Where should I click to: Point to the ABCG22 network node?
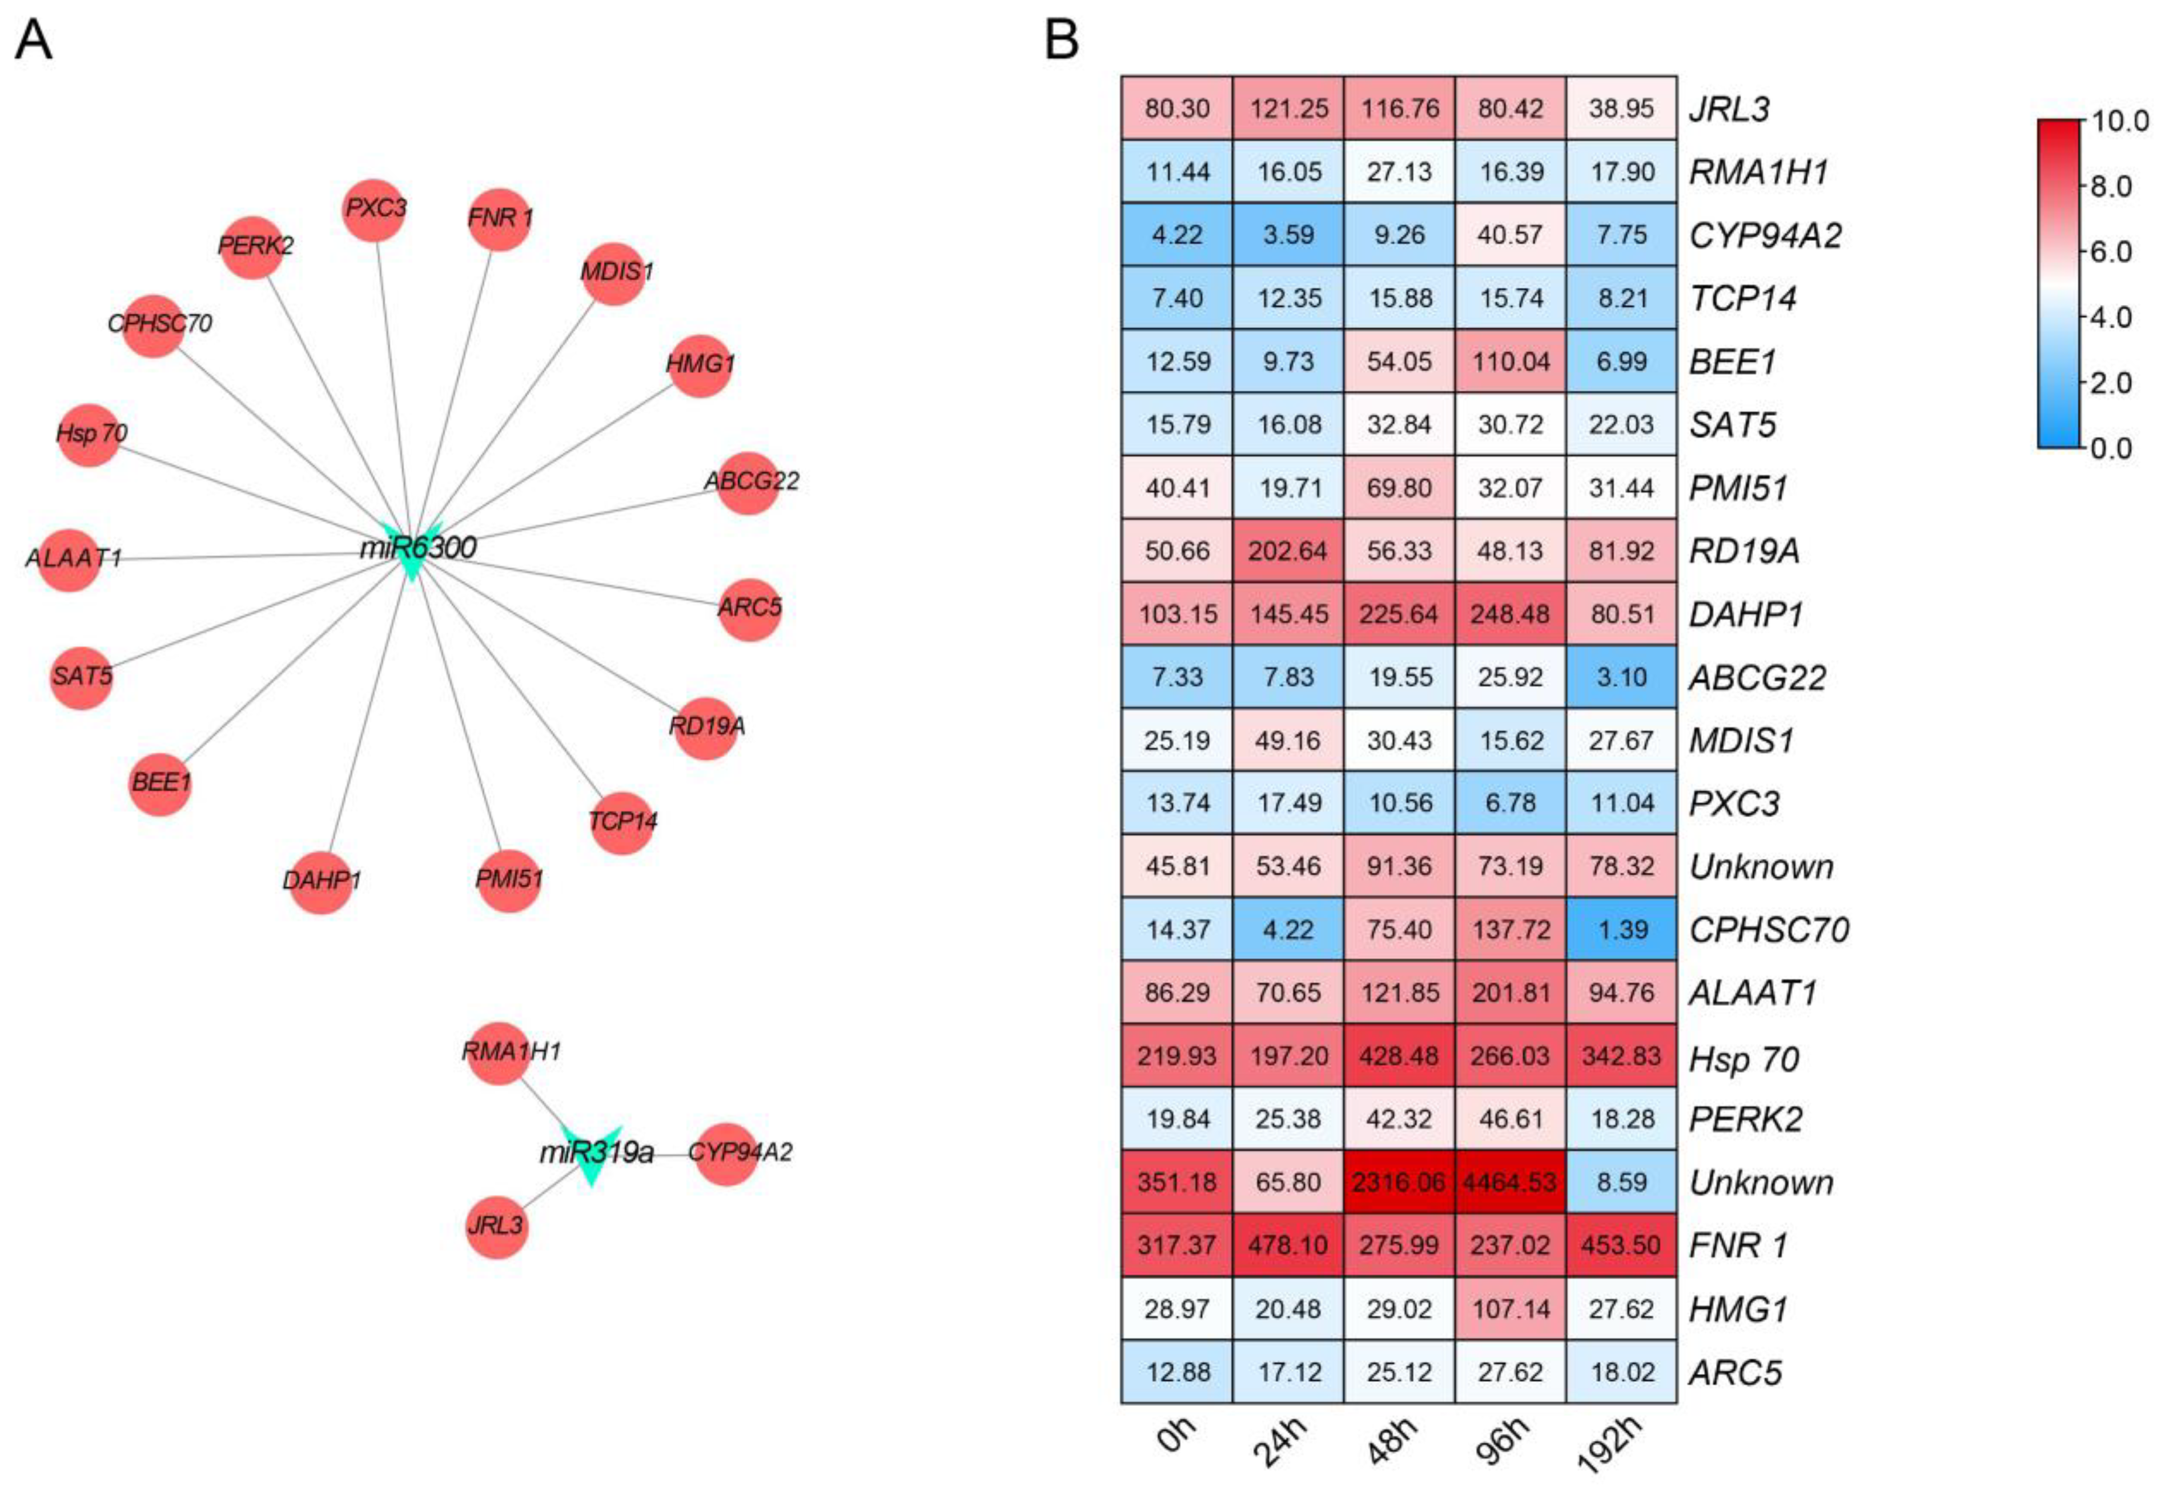(748, 482)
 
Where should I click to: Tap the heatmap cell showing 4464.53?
(1511, 1181)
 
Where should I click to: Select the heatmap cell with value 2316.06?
(1399, 1181)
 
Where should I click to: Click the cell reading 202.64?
(1288, 551)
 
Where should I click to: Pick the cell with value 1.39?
(1622, 930)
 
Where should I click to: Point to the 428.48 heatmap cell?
(1399, 1056)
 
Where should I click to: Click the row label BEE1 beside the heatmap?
(1732, 361)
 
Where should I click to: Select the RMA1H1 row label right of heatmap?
(1758, 172)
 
